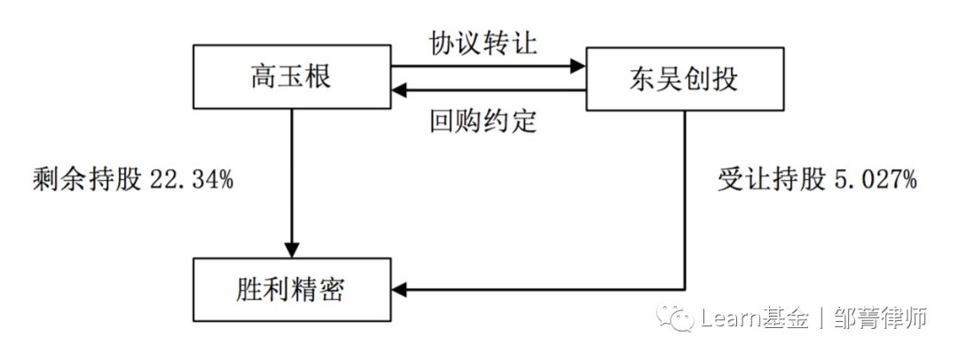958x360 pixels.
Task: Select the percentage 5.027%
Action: [873, 182]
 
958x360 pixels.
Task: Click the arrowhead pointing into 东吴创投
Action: [577, 66]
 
